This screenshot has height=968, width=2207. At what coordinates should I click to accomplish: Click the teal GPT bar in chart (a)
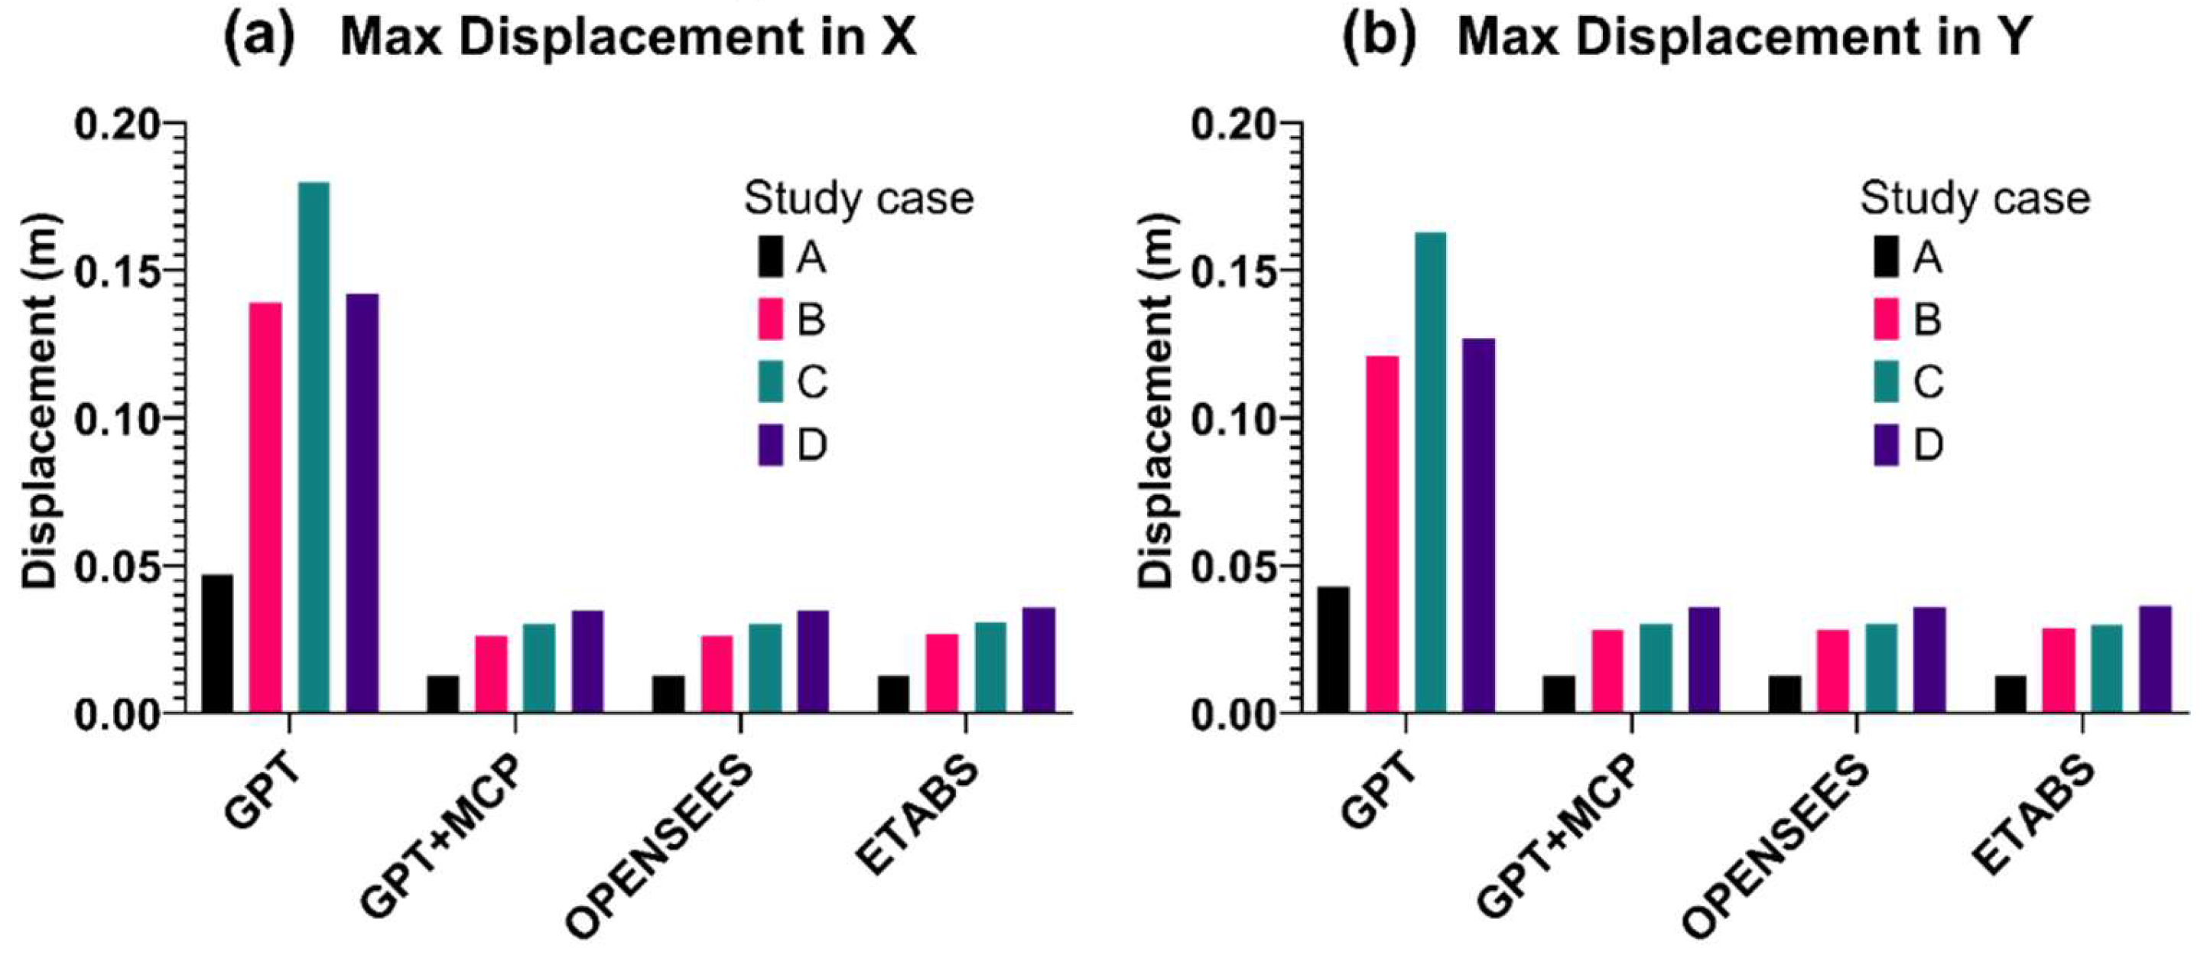click(x=314, y=446)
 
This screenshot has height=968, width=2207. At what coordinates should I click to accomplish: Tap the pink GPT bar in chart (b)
click(x=1382, y=533)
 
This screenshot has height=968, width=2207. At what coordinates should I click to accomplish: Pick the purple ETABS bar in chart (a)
click(x=1038, y=660)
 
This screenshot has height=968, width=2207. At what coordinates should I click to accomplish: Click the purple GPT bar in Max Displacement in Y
click(x=1479, y=525)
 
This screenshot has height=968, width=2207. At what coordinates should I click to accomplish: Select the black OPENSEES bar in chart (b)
click(x=1785, y=694)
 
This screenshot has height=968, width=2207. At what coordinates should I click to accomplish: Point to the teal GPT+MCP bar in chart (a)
click(x=539, y=668)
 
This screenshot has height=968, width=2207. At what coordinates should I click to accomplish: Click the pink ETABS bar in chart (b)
click(x=2059, y=669)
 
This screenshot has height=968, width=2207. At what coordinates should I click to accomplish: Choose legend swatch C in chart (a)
click(x=770, y=382)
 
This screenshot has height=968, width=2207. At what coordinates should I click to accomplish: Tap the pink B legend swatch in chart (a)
click(x=770, y=320)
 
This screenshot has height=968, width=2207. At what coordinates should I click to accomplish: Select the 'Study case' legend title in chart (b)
click(x=1975, y=199)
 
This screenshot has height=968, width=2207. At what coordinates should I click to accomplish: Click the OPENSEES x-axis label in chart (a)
click(x=660, y=848)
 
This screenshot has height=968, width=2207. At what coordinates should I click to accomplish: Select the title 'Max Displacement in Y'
click(x=1744, y=38)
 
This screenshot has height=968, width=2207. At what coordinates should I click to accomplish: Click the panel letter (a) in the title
click(x=258, y=38)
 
